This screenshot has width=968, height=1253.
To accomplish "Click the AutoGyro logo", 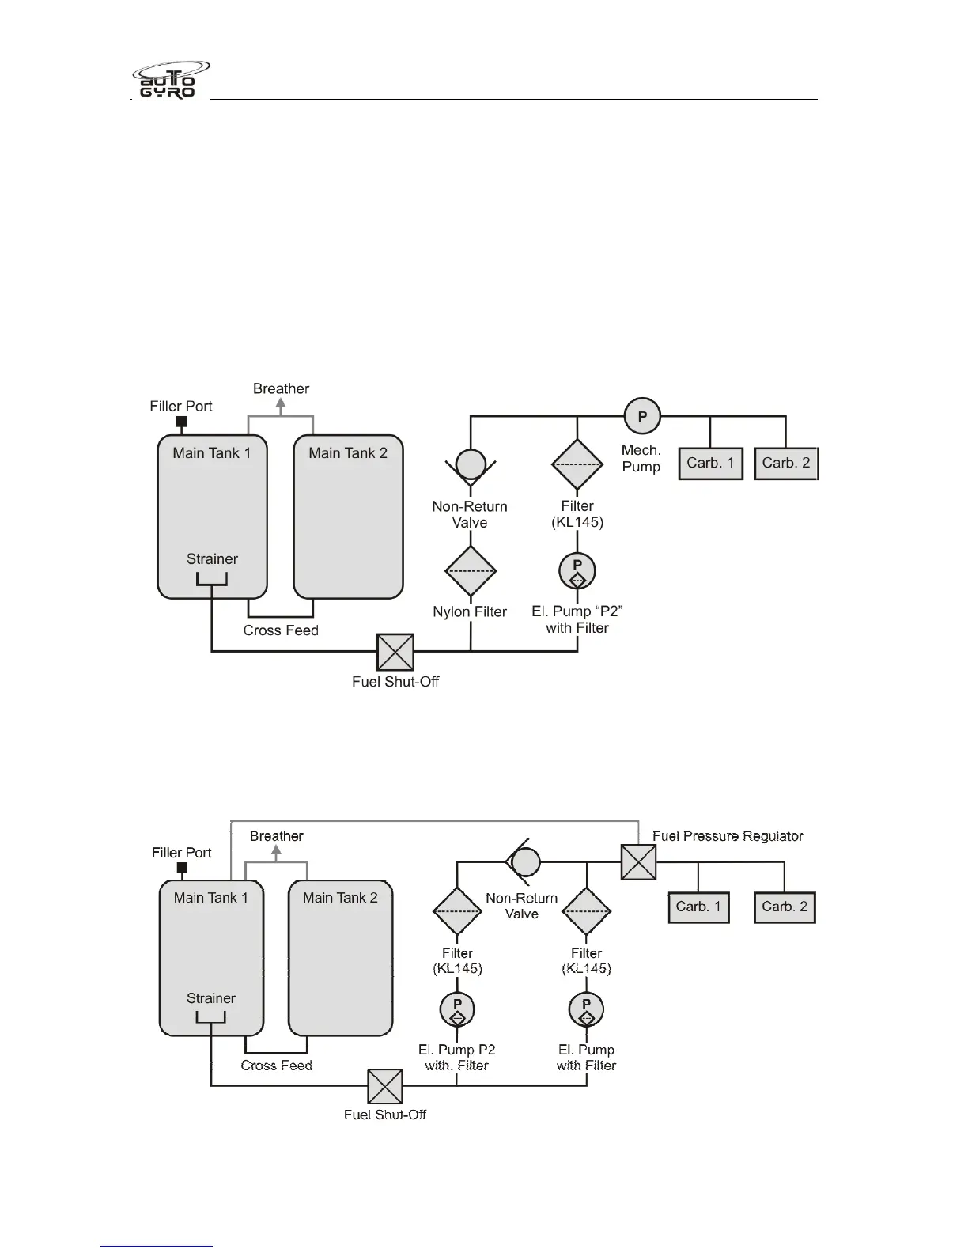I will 170,79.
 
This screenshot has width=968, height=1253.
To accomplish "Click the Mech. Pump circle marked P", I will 642,416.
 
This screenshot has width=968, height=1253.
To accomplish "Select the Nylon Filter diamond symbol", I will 471,571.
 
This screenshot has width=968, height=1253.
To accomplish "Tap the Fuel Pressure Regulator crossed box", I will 638,861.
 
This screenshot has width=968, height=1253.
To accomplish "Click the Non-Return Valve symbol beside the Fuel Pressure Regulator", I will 524,861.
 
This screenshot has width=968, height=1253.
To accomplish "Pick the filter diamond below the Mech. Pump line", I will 577,465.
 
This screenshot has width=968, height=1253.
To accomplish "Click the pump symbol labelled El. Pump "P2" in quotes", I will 577,570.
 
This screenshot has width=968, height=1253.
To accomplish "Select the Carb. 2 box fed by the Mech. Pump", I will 786,464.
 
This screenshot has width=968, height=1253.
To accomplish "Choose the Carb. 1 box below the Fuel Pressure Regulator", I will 698,907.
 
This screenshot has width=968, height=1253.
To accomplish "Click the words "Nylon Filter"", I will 470,611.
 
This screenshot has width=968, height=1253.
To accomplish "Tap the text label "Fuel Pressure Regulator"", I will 728,836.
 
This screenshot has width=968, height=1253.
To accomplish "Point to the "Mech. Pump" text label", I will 641,459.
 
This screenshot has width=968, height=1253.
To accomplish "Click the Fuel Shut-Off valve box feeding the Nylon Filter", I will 395,652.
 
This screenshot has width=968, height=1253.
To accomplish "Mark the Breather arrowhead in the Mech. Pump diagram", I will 281,403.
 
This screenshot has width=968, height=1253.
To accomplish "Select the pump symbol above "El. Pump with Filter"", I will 586,1009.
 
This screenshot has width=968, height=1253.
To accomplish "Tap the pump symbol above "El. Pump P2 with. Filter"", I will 457,1009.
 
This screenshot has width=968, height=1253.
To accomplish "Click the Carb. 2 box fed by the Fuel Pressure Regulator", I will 785,907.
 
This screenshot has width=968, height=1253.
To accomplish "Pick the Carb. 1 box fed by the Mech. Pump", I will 710,464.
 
